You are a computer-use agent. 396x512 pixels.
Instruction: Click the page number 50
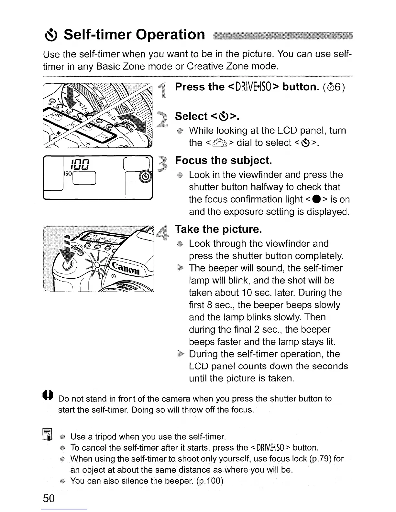[49, 498]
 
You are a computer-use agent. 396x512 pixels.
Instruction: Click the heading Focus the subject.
[223, 160]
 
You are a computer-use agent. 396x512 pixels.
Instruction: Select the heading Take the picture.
[218, 229]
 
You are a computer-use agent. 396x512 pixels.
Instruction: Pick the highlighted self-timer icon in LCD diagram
[146, 176]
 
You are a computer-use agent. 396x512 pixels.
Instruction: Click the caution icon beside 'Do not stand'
[48, 395]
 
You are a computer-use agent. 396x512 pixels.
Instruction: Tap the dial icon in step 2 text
[220, 143]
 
